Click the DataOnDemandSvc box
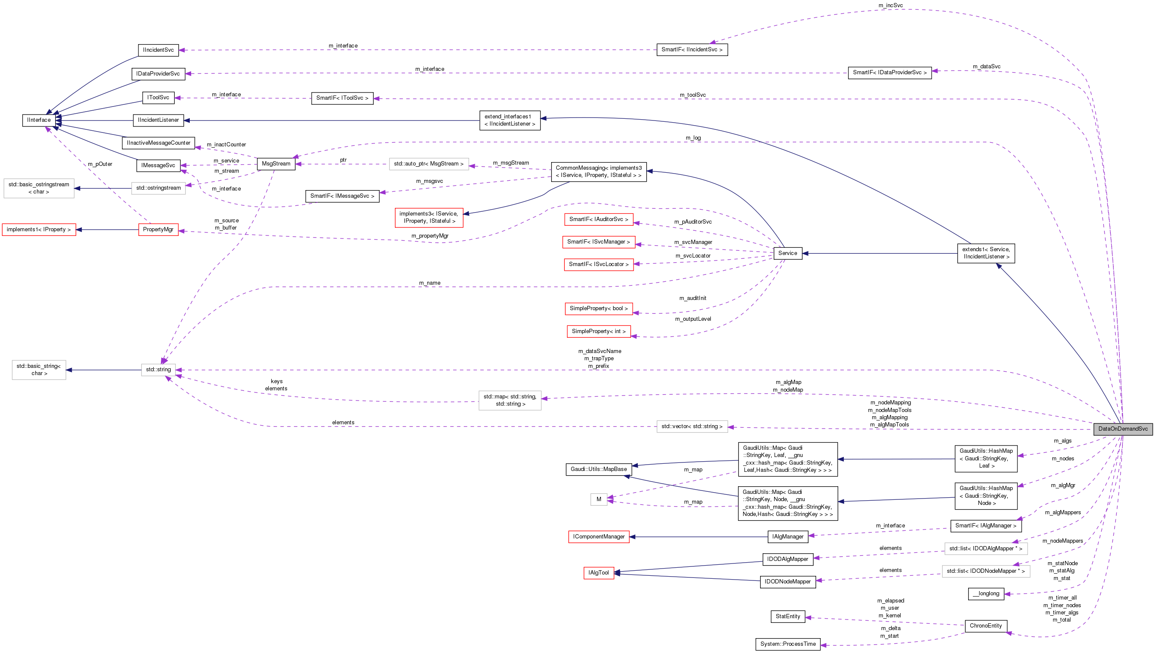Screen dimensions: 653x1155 click(x=1123, y=429)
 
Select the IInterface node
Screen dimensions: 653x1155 click(x=39, y=120)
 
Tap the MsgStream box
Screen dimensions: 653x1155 click(x=276, y=164)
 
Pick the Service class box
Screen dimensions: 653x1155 click(x=788, y=253)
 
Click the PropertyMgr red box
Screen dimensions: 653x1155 click(x=158, y=230)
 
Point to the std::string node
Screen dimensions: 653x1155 click(x=158, y=370)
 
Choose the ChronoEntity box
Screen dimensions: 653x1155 click(x=986, y=626)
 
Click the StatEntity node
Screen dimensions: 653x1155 click(x=788, y=617)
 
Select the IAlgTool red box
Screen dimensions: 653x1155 click(x=599, y=573)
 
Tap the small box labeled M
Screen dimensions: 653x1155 click(x=599, y=499)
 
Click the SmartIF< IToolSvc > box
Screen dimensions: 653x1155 click(x=342, y=98)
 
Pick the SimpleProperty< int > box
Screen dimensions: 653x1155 click(x=599, y=331)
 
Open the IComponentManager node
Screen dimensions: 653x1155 click(x=599, y=537)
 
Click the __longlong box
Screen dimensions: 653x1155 click(x=986, y=594)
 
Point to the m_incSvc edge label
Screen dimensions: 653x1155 click(x=891, y=6)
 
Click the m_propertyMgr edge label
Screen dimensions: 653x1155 click(x=429, y=236)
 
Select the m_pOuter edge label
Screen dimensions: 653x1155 click(x=100, y=164)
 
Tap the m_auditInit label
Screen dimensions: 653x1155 click(x=693, y=298)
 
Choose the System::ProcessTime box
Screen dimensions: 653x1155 click(x=788, y=644)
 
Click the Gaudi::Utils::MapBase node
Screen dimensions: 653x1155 click(x=599, y=469)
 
